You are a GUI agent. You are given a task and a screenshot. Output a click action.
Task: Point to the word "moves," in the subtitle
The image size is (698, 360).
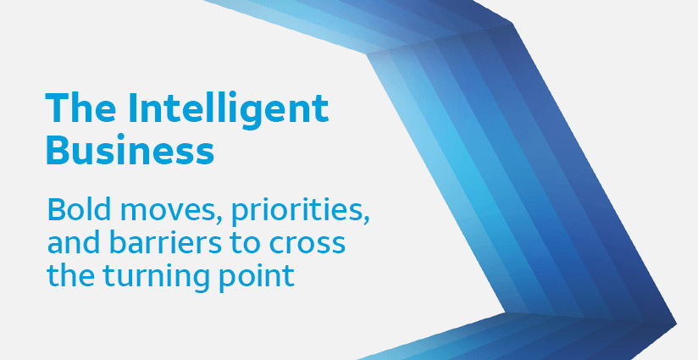pyautogui.click(x=169, y=212)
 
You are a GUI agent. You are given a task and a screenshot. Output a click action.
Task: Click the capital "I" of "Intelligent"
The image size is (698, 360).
pyautogui.click(x=132, y=108)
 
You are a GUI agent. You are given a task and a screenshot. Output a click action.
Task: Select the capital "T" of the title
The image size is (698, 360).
pyautogui.click(x=57, y=108)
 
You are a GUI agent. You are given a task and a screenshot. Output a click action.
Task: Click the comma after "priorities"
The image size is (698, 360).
pyautogui.click(x=365, y=222)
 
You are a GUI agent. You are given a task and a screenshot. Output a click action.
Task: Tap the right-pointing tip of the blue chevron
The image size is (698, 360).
pyautogui.click(x=676, y=323)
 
